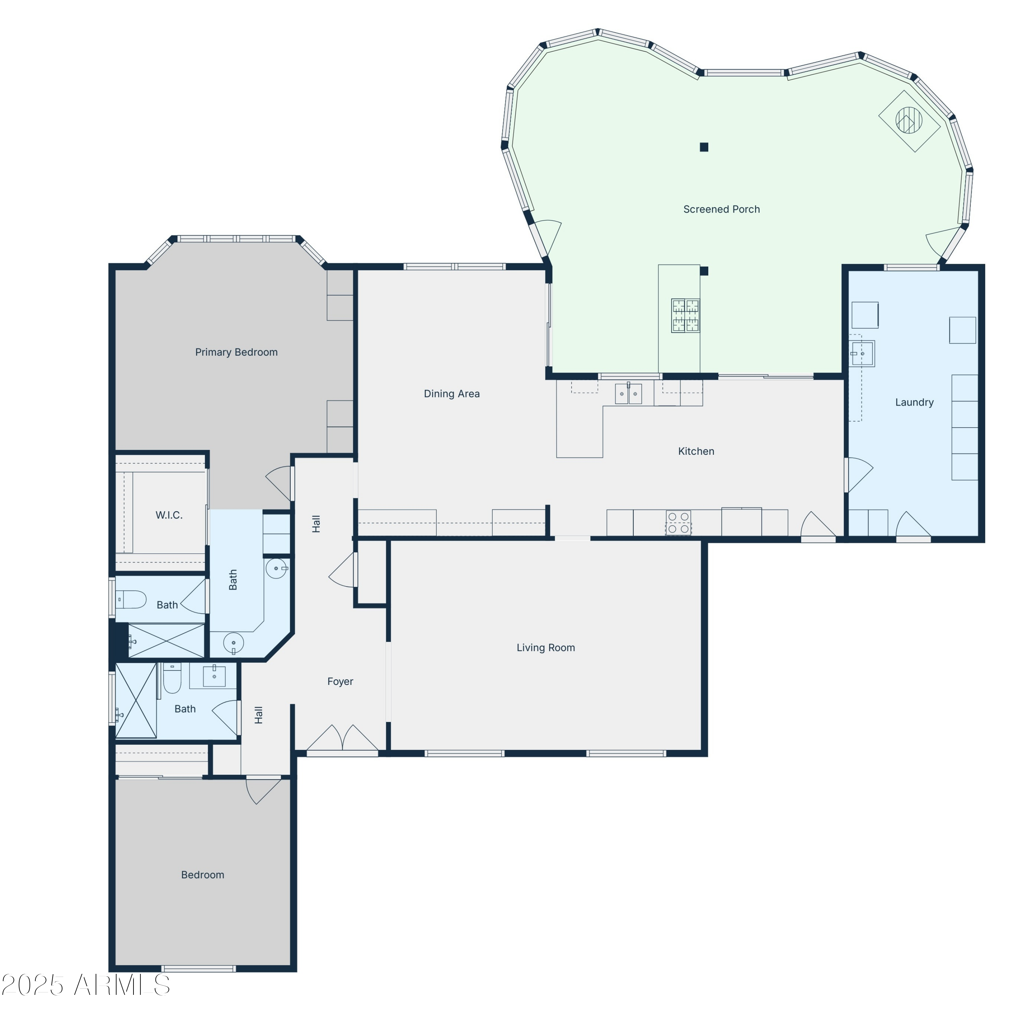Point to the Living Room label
[x=545, y=648]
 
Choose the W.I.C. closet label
[x=169, y=515]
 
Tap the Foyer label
[x=340, y=681]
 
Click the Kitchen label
[x=696, y=451]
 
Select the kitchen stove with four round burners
[x=678, y=523]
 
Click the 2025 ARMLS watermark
[x=85, y=985]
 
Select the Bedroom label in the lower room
[x=203, y=875]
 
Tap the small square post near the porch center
[x=704, y=148]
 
